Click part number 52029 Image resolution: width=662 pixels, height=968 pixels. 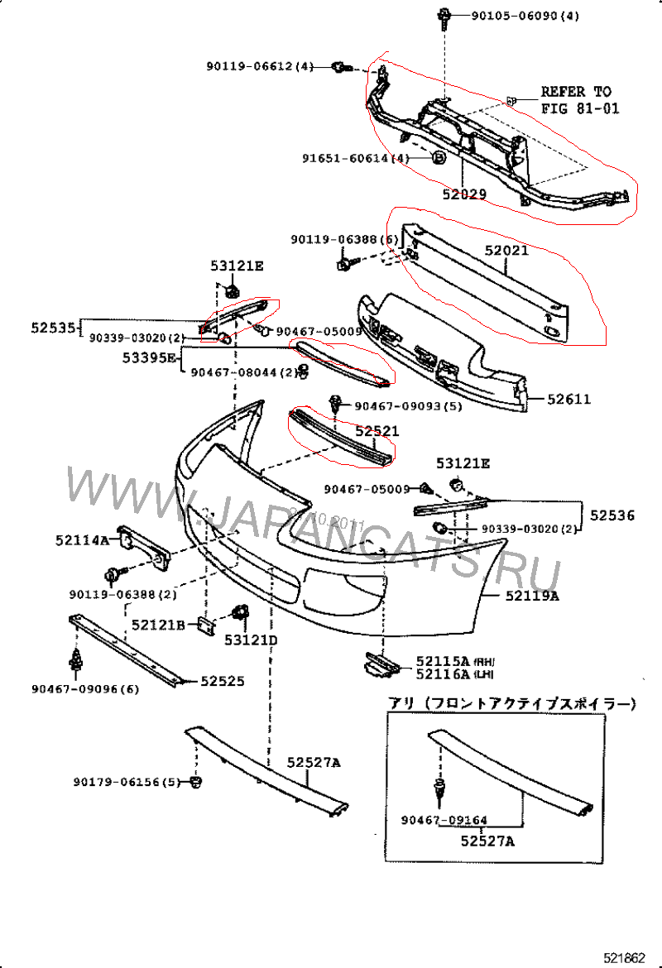coord(463,195)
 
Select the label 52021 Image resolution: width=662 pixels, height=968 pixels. coord(506,249)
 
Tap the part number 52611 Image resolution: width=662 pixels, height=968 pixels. coord(568,400)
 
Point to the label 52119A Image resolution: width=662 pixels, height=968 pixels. coord(531,595)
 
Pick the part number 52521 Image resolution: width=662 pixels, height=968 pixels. coord(377,431)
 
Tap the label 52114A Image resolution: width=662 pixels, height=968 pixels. coord(82,540)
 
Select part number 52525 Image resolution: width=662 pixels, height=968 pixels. coord(223,681)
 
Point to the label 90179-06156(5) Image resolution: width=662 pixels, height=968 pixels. coord(126,782)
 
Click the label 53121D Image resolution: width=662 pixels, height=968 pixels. coord(251,640)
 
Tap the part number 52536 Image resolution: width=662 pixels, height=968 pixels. coord(612,515)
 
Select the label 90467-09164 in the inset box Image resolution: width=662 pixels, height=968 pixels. coord(444,821)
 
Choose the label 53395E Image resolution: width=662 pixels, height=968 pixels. coord(149,357)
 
